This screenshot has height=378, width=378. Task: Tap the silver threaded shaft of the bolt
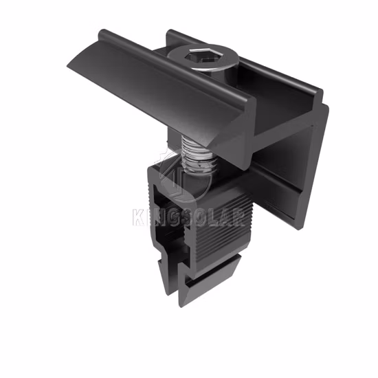197,155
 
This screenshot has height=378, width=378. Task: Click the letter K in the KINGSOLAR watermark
139,217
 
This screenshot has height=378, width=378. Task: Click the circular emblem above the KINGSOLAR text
183,175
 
